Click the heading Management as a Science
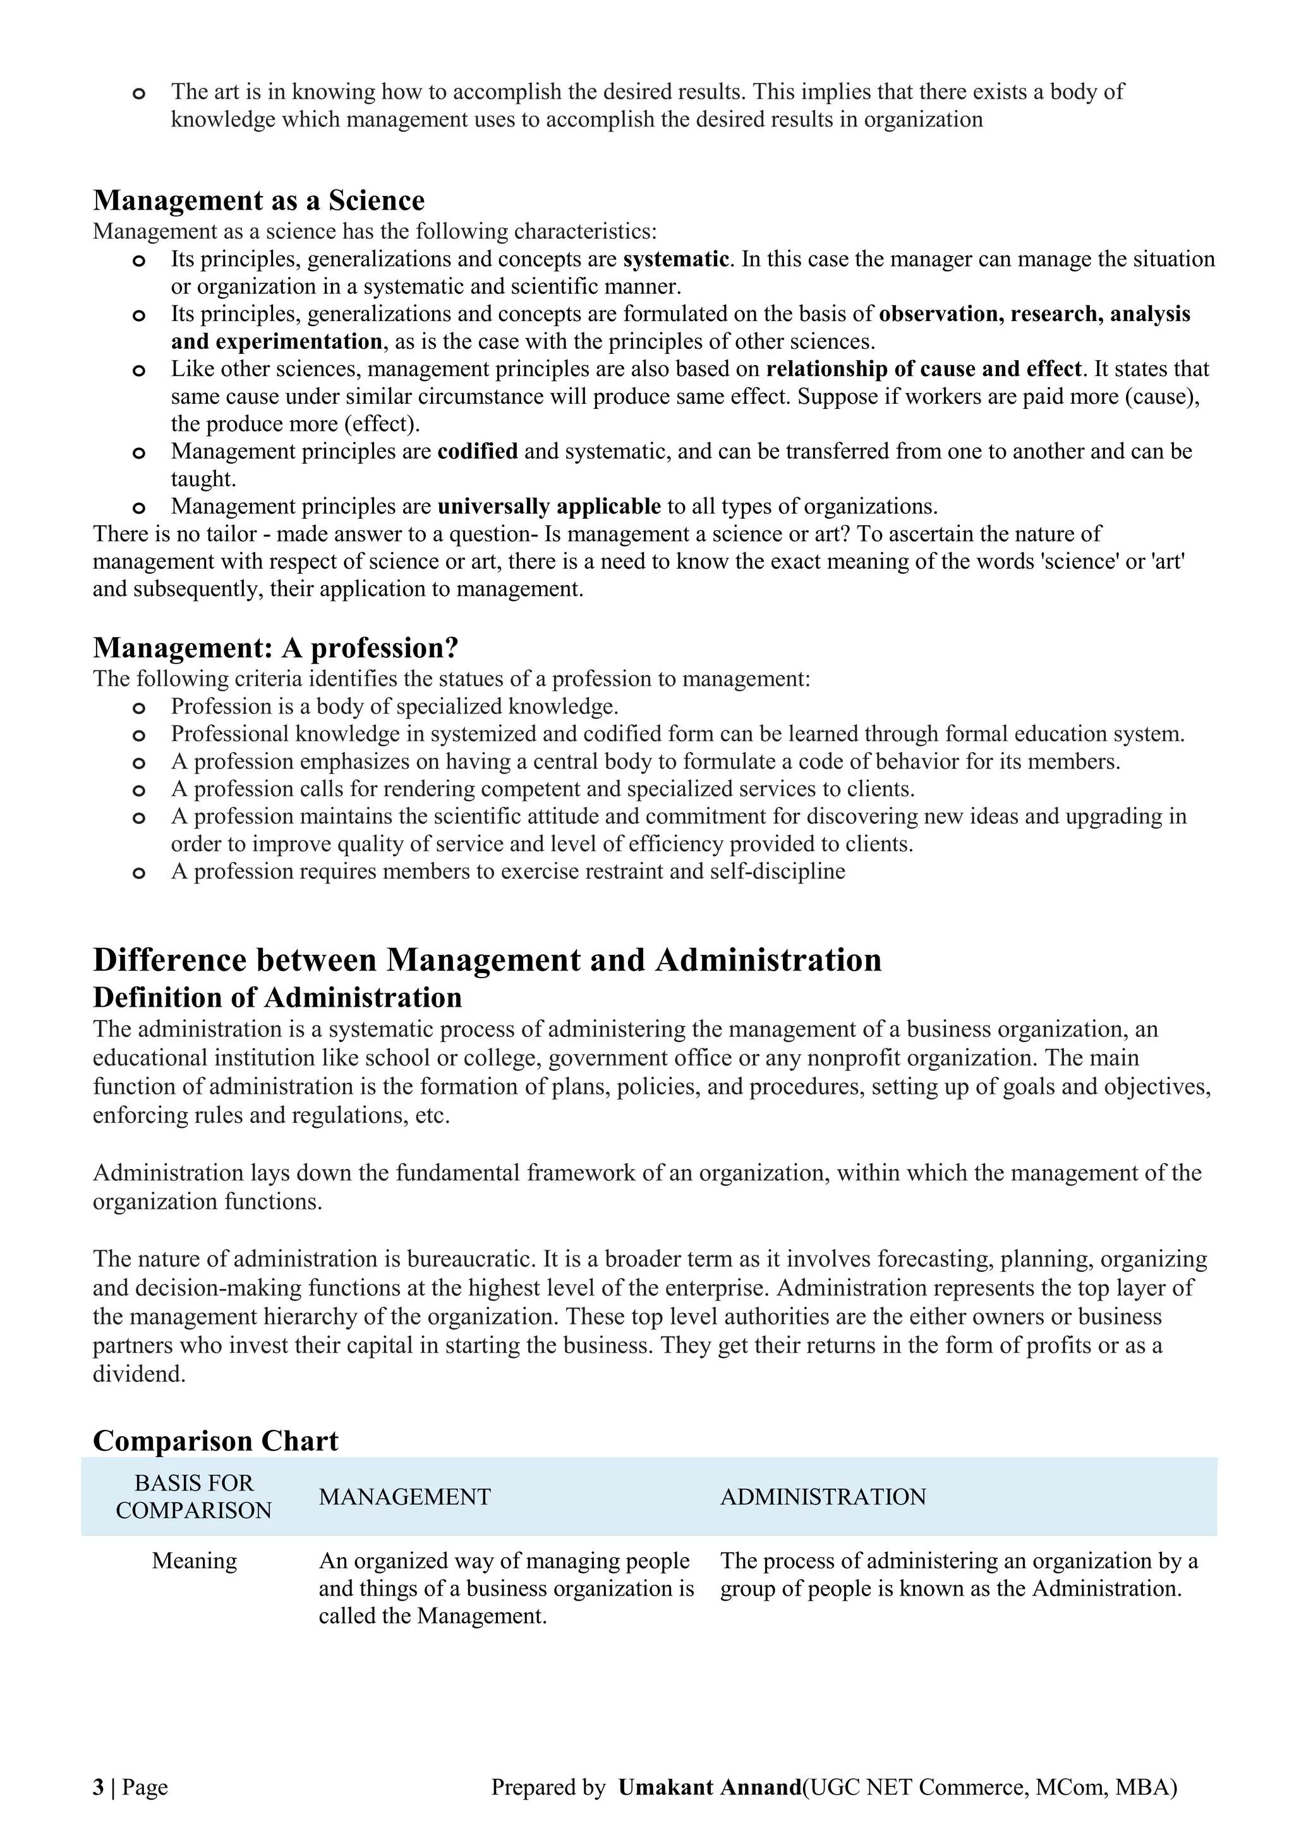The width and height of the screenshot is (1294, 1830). point(259,200)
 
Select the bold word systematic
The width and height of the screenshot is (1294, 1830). point(675,259)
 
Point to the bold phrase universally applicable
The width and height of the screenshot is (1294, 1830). point(549,506)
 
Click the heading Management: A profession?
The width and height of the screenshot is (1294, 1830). point(275,647)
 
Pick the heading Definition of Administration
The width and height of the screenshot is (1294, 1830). point(277,997)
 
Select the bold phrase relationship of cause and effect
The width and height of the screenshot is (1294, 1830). point(924,369)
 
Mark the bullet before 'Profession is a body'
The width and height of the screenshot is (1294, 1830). point(138,708)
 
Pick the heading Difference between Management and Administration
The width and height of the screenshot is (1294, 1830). point(487,960)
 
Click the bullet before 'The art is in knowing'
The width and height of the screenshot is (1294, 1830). point(138,94)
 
